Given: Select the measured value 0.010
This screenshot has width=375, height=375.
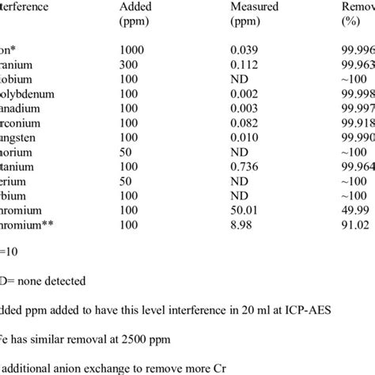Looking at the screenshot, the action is pos(244,128).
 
